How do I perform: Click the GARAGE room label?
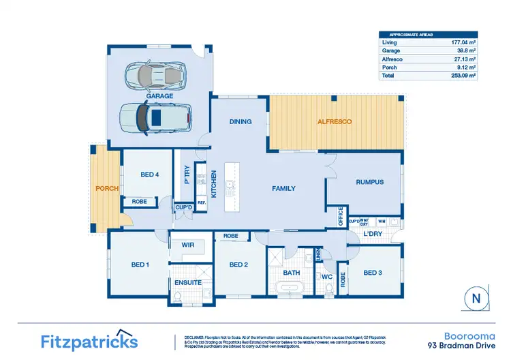point(159,97)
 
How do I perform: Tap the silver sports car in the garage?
point(156,74)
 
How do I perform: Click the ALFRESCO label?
point(334,121)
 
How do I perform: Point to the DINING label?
point(241,121)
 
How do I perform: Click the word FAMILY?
point(283,187)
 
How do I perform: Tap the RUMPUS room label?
point(370,182)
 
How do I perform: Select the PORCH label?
point(108,189)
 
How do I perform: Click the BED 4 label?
point(149,175)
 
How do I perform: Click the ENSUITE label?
point(188,282)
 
